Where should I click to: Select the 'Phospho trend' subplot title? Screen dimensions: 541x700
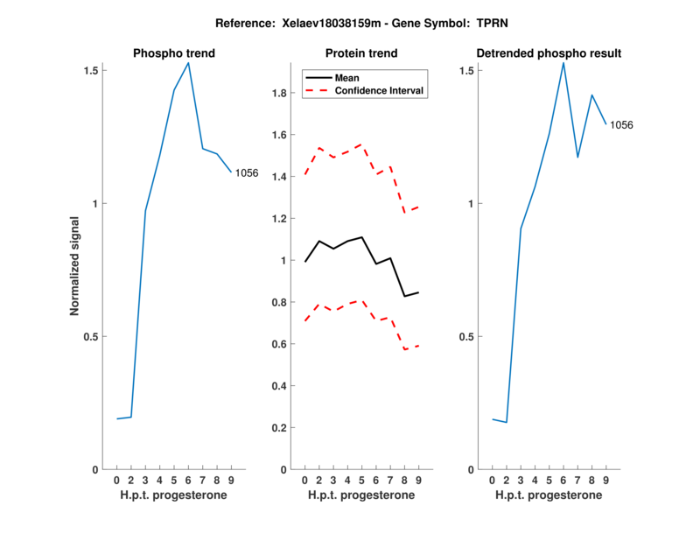173,53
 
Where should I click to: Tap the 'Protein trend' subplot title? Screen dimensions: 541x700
362,53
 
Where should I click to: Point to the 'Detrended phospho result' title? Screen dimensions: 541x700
549,53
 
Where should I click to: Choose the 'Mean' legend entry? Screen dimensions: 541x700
347,77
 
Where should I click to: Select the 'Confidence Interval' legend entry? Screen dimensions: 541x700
379,89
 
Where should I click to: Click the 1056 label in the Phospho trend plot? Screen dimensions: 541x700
246,173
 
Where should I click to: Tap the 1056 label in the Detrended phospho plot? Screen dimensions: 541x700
621,125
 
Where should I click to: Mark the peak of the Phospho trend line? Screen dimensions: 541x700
188,63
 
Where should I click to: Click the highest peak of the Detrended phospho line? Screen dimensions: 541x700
563,62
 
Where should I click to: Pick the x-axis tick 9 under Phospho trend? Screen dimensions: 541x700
231,481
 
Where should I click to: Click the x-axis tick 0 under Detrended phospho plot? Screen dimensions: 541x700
492,481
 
